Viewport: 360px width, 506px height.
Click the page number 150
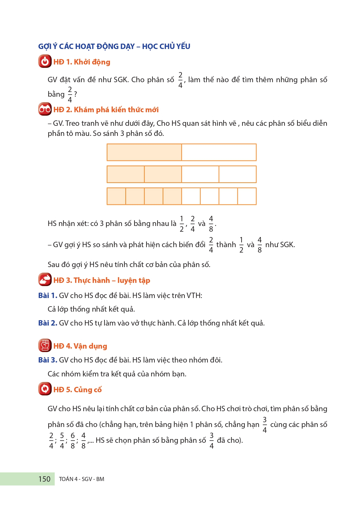pos(44,479)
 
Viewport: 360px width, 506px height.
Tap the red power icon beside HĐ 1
pos(45,61)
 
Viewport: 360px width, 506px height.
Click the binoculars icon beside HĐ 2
pos(45,109)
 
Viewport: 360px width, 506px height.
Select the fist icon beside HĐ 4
pos(45,345)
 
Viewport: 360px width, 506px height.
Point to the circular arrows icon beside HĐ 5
pos(45,389)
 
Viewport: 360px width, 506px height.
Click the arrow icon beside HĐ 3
pos(45,280)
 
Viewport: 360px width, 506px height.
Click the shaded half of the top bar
pos(144,152)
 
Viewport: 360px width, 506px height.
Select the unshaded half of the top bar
pos(219,152)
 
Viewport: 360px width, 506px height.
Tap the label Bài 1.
pos(48,296)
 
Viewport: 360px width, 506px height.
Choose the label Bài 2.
pos(48,323)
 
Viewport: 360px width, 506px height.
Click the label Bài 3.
pos(48,360)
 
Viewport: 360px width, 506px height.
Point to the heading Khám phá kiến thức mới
pos(116,110)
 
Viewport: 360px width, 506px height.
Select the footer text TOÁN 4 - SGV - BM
pos(81,479)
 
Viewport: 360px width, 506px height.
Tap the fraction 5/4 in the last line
pos(62,441)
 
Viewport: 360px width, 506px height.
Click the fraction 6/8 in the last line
pos(73,441)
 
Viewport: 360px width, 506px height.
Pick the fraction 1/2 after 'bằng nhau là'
pos(182,224)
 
